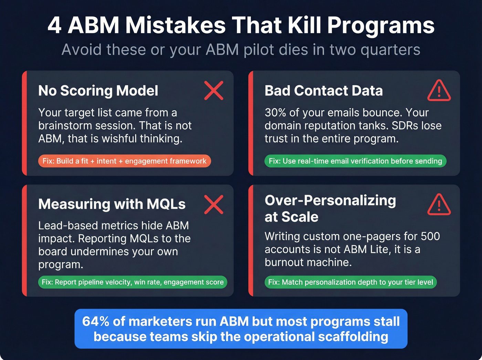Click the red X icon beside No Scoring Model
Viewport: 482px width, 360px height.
coord(214,91)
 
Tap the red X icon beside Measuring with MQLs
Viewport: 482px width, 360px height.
coord(214,204)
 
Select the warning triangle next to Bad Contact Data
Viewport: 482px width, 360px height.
coord(439,91)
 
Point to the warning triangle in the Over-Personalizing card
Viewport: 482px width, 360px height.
coord(439,205)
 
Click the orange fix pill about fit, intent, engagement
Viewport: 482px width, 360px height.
coord(124,161)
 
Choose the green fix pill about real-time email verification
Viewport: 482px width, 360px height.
coord(355,161)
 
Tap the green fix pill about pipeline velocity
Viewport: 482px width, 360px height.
coord(133,282)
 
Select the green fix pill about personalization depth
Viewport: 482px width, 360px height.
coord(350,282)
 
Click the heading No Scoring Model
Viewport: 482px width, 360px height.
coord(98,91)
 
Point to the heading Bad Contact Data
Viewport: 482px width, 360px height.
coord(324,91)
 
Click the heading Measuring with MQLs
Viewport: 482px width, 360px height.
coord(112,204)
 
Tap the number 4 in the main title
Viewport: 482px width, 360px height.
coord(54,26)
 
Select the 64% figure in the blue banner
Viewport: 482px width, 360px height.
coord(95,321)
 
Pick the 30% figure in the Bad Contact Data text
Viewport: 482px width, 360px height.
coord(277,113)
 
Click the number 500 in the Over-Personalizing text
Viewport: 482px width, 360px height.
coord(430,236)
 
